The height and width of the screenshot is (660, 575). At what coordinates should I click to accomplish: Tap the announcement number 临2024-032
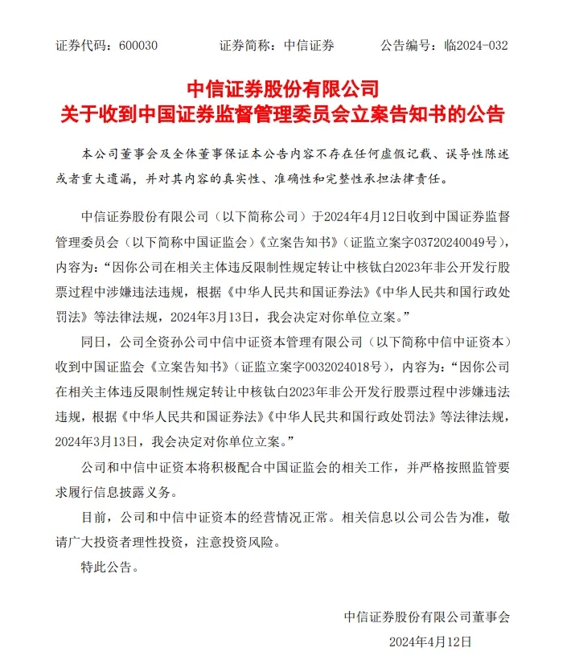pyautogui.click(x=476, y=45)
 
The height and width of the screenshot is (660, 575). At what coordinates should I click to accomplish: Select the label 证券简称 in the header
pyautogui.click(x=246, y=45)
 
